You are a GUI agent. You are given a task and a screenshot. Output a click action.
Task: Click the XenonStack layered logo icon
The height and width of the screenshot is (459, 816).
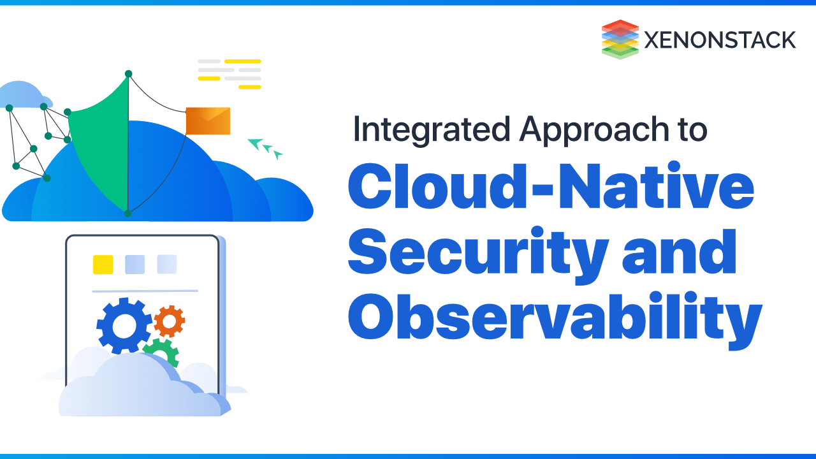(x=620, y=40)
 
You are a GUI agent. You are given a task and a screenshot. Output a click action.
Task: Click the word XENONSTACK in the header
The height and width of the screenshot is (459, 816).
(x=720, y=40)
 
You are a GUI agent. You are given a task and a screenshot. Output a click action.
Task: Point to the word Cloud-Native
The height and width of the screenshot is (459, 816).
(x=551, y=184)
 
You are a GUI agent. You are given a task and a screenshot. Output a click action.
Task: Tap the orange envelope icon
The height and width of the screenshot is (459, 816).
(x=208, y=120)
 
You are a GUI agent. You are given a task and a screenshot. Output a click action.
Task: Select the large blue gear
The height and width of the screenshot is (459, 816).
(x=124, y=325)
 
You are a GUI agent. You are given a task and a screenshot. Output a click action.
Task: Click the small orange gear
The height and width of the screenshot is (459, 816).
(x=169, y=321)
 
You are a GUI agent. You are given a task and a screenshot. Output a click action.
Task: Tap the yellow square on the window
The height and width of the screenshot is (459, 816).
(x=103, y=264)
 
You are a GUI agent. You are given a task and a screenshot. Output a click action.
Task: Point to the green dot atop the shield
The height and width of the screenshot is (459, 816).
(x=128, y=74)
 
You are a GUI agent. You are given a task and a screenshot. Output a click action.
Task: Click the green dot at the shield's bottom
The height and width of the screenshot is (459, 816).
(x=127, y=213)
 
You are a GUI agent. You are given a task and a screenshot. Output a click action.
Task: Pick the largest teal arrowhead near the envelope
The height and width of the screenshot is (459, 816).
(x=256, y=144)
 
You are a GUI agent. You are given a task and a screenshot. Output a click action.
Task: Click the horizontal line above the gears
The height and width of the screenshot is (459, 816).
(x=145, y=291)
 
